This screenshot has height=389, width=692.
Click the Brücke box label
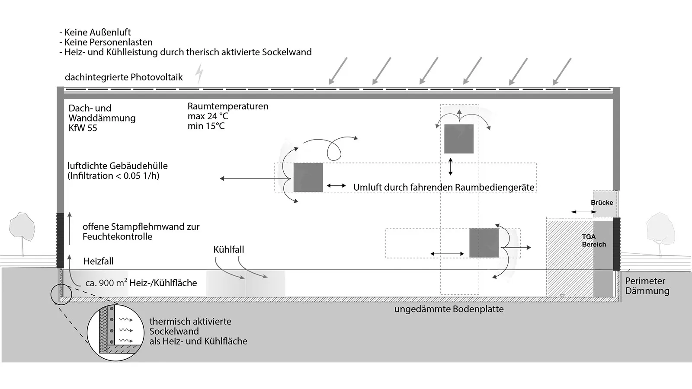point(602,202)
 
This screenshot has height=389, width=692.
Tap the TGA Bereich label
point(593,241)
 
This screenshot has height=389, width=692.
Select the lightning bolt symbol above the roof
point(199,73)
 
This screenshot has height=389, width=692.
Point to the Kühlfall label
point(228,250)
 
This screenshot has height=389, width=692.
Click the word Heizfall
point(98,261)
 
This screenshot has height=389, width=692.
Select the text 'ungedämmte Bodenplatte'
point(449,309)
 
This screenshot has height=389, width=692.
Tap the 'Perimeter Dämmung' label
point(647,286)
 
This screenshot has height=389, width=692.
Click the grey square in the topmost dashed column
point(459,139)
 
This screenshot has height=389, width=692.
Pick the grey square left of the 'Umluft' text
point(308,178)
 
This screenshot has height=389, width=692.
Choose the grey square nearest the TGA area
point(484,243)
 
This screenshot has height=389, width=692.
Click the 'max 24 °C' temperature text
point(208,116)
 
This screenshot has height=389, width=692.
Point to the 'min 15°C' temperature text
point(206,126)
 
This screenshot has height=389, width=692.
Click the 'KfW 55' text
point(83,128)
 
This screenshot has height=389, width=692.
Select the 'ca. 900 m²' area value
point(106,283)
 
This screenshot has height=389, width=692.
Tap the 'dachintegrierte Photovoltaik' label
point(124,77)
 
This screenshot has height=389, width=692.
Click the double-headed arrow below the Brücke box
point(583,212)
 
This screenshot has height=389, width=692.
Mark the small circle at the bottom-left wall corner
point(61,294)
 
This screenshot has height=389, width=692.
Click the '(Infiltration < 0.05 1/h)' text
point(113,176)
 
